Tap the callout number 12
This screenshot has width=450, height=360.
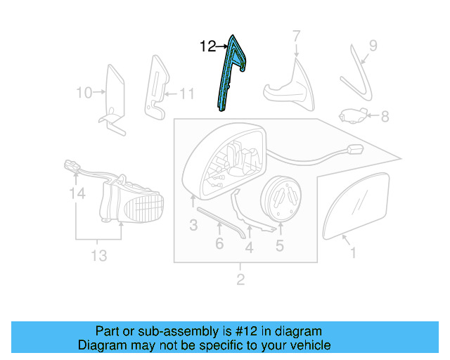208,47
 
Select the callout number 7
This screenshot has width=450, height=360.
296,36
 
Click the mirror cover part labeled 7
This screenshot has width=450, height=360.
289,88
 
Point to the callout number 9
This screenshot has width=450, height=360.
373,46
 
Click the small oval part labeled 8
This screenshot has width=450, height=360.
352,114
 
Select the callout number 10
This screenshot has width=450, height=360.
84,92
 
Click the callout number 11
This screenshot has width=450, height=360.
186,92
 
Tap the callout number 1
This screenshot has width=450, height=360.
353,252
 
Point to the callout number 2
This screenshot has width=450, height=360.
240,281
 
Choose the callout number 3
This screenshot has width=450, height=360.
193,225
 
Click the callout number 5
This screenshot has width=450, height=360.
279,245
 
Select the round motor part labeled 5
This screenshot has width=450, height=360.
281,200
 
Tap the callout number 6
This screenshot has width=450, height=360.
219,243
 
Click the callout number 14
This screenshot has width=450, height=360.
77,192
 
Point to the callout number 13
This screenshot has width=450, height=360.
99,255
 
